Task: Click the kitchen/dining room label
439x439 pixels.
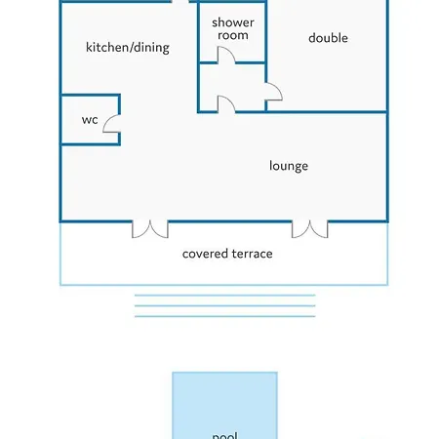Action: (128, 48)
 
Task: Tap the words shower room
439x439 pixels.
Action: (233, 28)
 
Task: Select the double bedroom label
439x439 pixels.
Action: (328, 38)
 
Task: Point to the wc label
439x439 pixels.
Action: (90, 120)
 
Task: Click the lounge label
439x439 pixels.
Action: (289, 166)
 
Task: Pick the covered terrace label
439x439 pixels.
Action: (227, 254)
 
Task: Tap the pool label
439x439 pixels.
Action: (224, 435)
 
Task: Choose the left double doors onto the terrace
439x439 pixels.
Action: (150, 229)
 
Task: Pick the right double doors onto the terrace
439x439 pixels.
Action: (310, 229)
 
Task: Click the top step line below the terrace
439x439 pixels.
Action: (225, 296)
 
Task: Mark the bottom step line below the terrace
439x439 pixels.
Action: (225, 316)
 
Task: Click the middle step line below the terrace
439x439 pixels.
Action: (225, 305)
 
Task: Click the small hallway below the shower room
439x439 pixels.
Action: (232, 87)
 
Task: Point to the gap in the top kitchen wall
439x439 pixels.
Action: (180, 1)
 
